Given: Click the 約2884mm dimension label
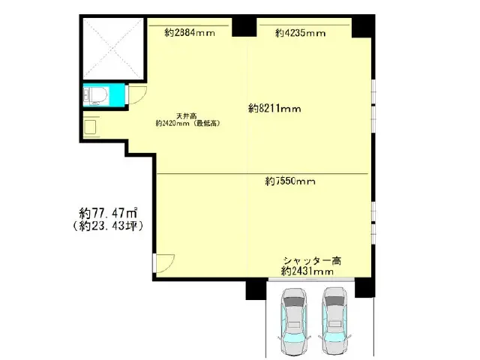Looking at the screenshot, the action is pos(190,32).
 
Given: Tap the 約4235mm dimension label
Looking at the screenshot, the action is pos(300,33).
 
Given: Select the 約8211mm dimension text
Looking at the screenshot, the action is pos(274,108).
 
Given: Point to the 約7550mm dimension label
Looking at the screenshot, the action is pos(290,181).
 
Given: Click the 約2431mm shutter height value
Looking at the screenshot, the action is pos(307,271).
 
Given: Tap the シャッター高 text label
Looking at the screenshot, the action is pos(312,261).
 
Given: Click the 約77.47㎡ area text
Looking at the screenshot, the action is pos(108,213).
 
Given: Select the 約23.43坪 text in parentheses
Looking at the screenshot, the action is pos(108,226).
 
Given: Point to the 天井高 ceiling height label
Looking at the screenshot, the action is pos(187,116).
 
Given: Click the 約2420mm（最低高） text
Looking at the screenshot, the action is pos(188,123).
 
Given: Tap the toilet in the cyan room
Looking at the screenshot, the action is pos(95,95).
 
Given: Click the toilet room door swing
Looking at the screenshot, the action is pos(137,95).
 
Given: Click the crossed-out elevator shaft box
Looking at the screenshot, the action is pos(113,49).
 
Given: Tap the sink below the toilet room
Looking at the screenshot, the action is pos(91,127).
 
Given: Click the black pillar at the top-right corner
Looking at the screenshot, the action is pos(363,26).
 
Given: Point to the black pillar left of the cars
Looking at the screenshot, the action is pos(256,290).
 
